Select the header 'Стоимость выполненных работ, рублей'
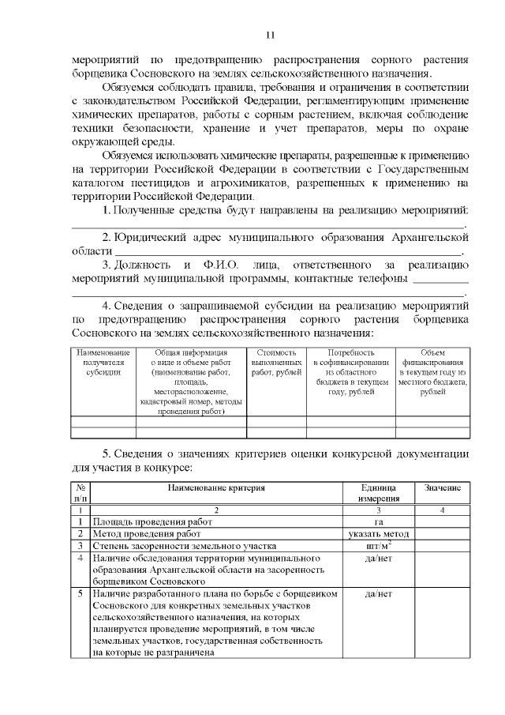pyautogui.click(x=276, y=363)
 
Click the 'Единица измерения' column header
pyautogui.click(x=378, y=494)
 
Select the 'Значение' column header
pyautogui.click(x=443, y=489)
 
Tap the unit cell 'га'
pyautogui.click(x=378, y=522)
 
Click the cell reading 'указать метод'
pyautogui.click(x=378, y=534)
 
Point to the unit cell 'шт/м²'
pyautogui.click(x=378, y=545)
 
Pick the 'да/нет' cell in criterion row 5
pyautogui.click(x=378, y=593)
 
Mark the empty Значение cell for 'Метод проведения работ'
pyautogui.click(x=443, y=534)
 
